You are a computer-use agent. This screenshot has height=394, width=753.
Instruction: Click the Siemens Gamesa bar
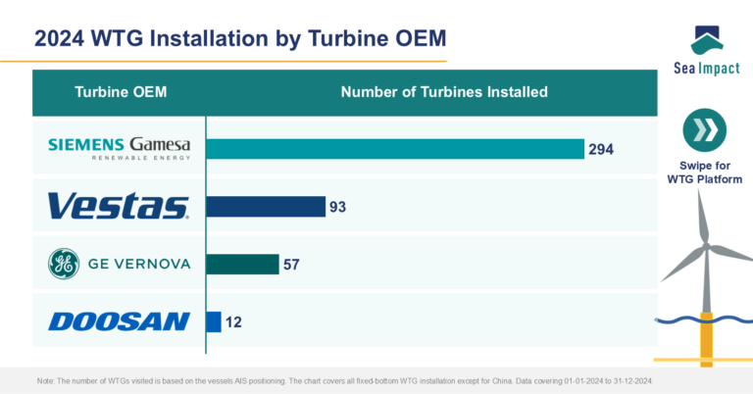pos(394,148)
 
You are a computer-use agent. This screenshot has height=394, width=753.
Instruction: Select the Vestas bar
pos(265,206)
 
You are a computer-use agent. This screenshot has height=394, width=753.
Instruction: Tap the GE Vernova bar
pos(242,264)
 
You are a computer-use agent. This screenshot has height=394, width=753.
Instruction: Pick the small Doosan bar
pos(213,321)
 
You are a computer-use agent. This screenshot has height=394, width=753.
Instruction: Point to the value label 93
pos(338,207)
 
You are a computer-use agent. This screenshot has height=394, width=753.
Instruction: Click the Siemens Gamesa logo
pos(120,148)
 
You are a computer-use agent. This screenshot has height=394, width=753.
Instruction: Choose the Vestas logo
pos(119,206)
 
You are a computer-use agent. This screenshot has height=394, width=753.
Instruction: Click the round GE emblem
pos(64,264)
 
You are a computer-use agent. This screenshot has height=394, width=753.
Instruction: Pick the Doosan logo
pos(119,321)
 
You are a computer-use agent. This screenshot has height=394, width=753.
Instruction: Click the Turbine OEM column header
pos(121,92)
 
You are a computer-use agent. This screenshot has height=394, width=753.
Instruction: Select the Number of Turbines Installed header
pos(443,92)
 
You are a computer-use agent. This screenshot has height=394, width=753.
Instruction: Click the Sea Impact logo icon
pos(705,41)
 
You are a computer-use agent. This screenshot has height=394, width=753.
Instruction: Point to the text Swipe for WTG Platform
pos(704,172)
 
